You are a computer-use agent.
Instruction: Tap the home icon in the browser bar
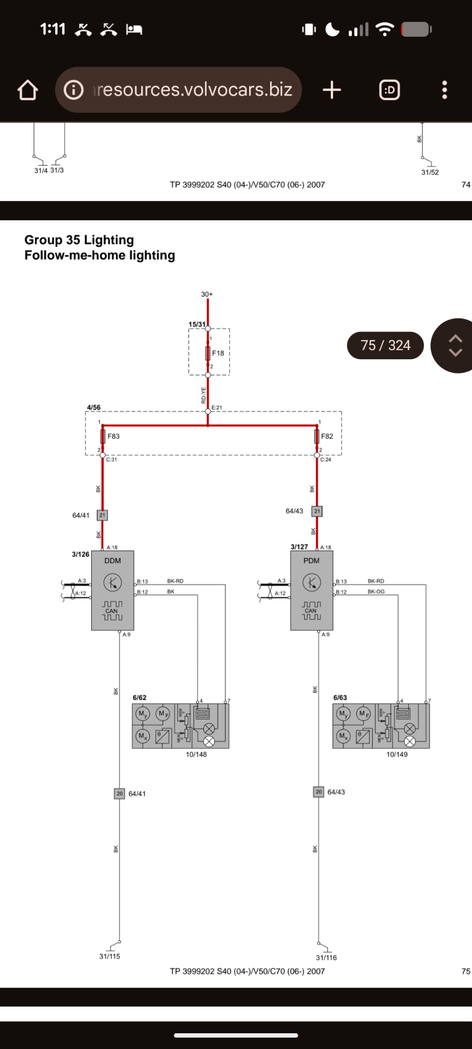[x=28, y=90]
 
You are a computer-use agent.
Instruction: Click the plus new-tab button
[x=332, y=90]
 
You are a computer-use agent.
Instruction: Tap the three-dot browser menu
[x=445, y=90]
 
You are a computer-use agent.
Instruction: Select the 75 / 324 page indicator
[x=385, y=345]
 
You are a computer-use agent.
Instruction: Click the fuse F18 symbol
[x=208, y=352]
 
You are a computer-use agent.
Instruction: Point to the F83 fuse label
[x=114, y=436]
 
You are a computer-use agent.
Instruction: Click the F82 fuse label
[x=327, y=436]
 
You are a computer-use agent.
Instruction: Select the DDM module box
[x=113, y=590]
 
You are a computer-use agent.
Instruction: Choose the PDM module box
[x=312, y=590]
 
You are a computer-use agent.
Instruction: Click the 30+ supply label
[x=207, y=294]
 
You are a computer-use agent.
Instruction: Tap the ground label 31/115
[x=110, y=956]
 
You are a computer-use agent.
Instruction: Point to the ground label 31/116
[x=326, y=957]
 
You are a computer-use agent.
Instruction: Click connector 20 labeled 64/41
[x=120, y=794]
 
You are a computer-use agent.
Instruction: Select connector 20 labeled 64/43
[x=319, y=792]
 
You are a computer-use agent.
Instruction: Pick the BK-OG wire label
[x=376, y=592]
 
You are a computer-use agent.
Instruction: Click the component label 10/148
[x=196, y=754]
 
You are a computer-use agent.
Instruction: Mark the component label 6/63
[x=340, y=698]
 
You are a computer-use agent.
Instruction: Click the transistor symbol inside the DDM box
[x=113, y=582]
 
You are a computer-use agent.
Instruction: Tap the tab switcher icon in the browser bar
[x=390, y=90]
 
